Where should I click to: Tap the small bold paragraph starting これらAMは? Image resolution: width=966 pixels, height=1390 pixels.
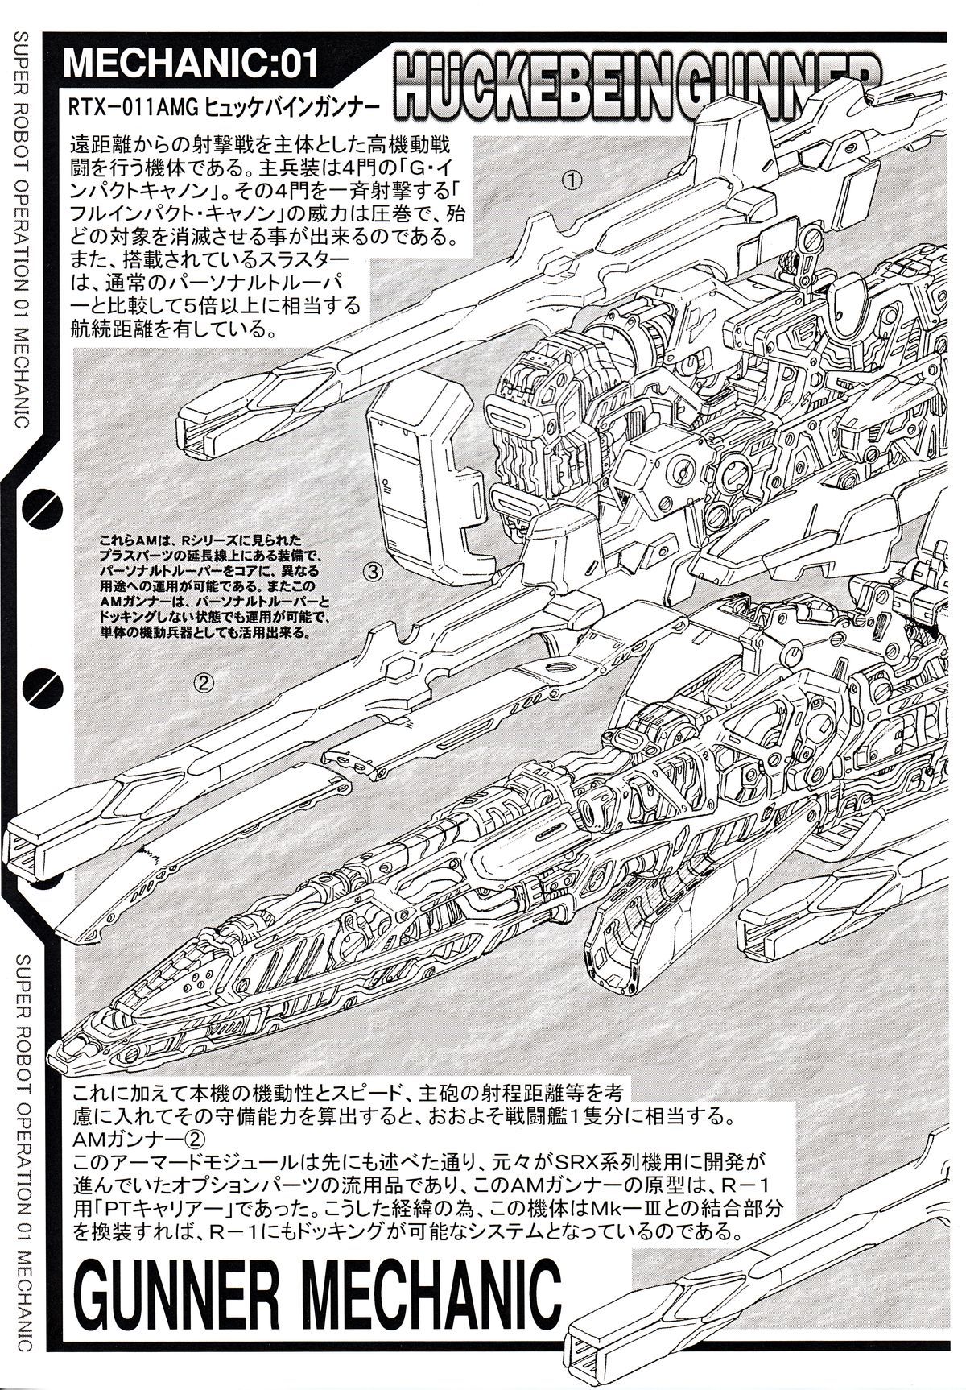(213, 585)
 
